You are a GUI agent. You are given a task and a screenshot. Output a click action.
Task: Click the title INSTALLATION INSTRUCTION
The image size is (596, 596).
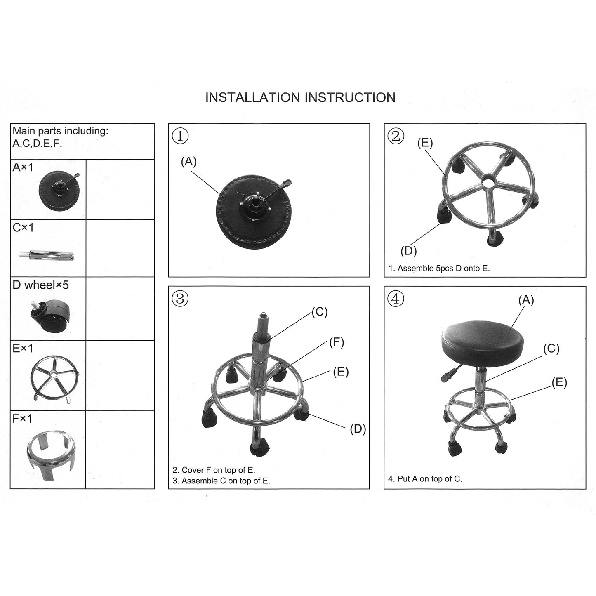[300, 97]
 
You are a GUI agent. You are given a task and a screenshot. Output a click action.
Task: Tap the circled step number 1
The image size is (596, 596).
[180, 136]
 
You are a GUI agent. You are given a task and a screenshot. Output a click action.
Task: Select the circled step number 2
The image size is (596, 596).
[396, 136]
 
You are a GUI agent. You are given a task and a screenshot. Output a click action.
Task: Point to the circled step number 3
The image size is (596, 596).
[180, 299]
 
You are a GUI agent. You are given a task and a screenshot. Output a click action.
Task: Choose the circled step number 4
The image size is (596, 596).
[396, 299]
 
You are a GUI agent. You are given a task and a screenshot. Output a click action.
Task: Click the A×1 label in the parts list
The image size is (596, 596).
[23, 167]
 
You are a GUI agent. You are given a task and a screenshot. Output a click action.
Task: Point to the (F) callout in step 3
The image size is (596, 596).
[336, 342]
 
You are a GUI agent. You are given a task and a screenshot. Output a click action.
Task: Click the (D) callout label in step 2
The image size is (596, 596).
[408, 250]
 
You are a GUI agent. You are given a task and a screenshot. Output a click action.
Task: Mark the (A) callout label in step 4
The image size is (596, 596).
[526, 300]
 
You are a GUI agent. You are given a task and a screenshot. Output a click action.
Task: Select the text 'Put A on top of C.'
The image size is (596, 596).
[425, 479]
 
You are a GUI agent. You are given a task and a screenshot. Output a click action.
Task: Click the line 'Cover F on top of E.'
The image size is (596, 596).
[214, 470]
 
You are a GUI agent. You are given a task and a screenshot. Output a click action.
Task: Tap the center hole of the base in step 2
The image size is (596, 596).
[488, 180]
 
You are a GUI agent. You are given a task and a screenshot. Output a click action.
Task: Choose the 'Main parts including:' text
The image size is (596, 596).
[60, 131]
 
